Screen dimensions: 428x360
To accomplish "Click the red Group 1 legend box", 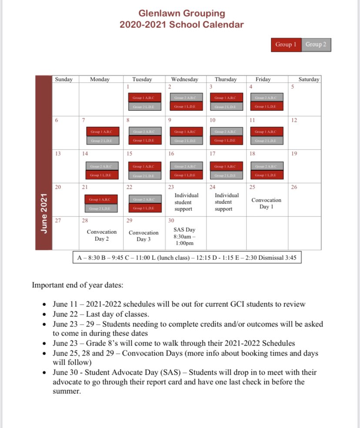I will (286, 44).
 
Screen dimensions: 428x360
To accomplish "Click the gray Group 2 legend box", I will (316, 44).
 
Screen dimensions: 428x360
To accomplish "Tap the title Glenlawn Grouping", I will (182, 13).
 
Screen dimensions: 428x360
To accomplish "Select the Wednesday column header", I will (184, 80).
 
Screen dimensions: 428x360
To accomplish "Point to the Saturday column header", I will (309, 80).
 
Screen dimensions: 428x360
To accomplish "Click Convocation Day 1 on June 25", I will (266, 203).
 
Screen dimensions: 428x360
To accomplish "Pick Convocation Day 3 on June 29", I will (143, 236).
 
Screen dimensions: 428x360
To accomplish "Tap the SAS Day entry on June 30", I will (184, 236).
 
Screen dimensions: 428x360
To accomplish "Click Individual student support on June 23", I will (186, 202).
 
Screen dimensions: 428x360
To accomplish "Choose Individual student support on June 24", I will (227, 202).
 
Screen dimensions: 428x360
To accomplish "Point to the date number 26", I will (294, 187).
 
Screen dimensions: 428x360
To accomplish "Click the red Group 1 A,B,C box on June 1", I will (143, 98).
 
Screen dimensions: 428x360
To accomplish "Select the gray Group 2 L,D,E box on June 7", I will (100, 140).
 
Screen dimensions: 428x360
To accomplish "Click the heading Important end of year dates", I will (78, 285).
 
